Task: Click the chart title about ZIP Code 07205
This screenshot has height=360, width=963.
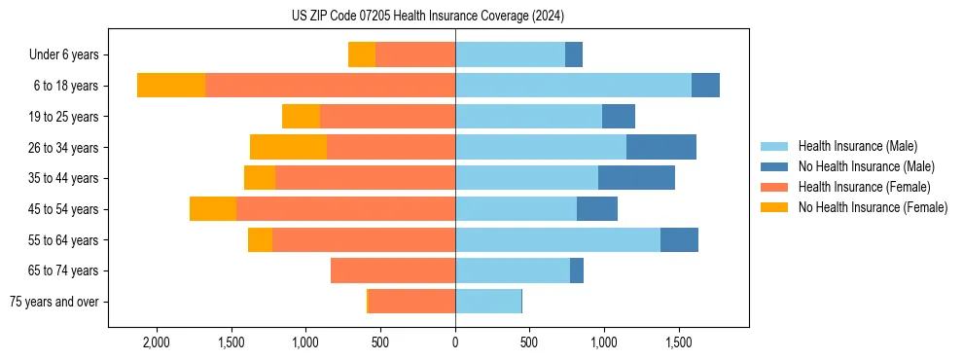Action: coord(427,17)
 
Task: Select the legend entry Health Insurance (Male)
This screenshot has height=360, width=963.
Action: coord(857,146)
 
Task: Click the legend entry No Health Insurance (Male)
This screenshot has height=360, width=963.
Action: coord(866,166)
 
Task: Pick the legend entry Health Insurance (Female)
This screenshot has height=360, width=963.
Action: coord(864,187)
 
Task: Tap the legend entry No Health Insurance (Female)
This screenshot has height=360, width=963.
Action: coord(873,207)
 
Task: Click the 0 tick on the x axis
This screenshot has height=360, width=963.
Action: coord(455,343)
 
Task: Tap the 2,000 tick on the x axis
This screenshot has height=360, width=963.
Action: coord(157,343)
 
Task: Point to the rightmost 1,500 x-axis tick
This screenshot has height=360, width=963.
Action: coord(679,343)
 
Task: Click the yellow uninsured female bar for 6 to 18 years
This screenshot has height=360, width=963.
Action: coord(171,86)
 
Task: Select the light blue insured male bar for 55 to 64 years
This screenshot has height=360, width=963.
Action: coord(557,240)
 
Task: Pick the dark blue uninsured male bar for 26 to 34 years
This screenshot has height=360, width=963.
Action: coord(661,148)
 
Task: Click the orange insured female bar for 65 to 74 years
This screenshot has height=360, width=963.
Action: coord(393,270)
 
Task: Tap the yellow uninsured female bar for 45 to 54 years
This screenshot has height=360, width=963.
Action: coord(213,209)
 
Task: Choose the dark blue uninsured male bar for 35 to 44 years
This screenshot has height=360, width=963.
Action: coord(636,178)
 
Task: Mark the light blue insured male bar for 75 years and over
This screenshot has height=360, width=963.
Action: coord(488,302)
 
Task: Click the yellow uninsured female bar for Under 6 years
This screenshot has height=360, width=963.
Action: coord(362,55)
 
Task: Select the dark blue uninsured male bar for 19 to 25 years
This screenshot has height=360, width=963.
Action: coord(619,117)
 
